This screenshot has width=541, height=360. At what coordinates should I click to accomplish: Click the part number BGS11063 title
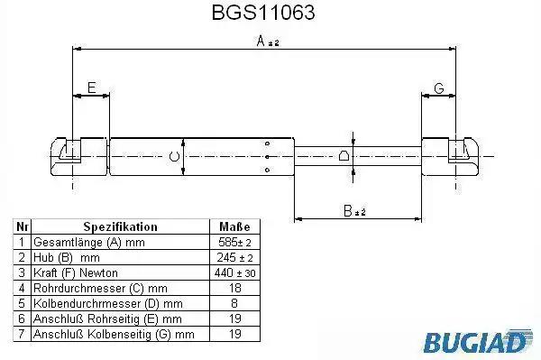[263, 13]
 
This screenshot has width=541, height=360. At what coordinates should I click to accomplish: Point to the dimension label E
[91, 88]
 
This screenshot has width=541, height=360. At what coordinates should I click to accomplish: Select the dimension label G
[439, 88]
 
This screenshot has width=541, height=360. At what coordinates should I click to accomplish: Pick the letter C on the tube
[174, 157]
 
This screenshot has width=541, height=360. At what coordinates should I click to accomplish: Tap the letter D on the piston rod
[344, 156]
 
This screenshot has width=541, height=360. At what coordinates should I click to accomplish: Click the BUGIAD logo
[478, 341]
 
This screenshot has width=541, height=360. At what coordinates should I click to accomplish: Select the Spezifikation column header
[121, 226]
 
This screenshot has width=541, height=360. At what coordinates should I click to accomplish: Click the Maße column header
[234, 226]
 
